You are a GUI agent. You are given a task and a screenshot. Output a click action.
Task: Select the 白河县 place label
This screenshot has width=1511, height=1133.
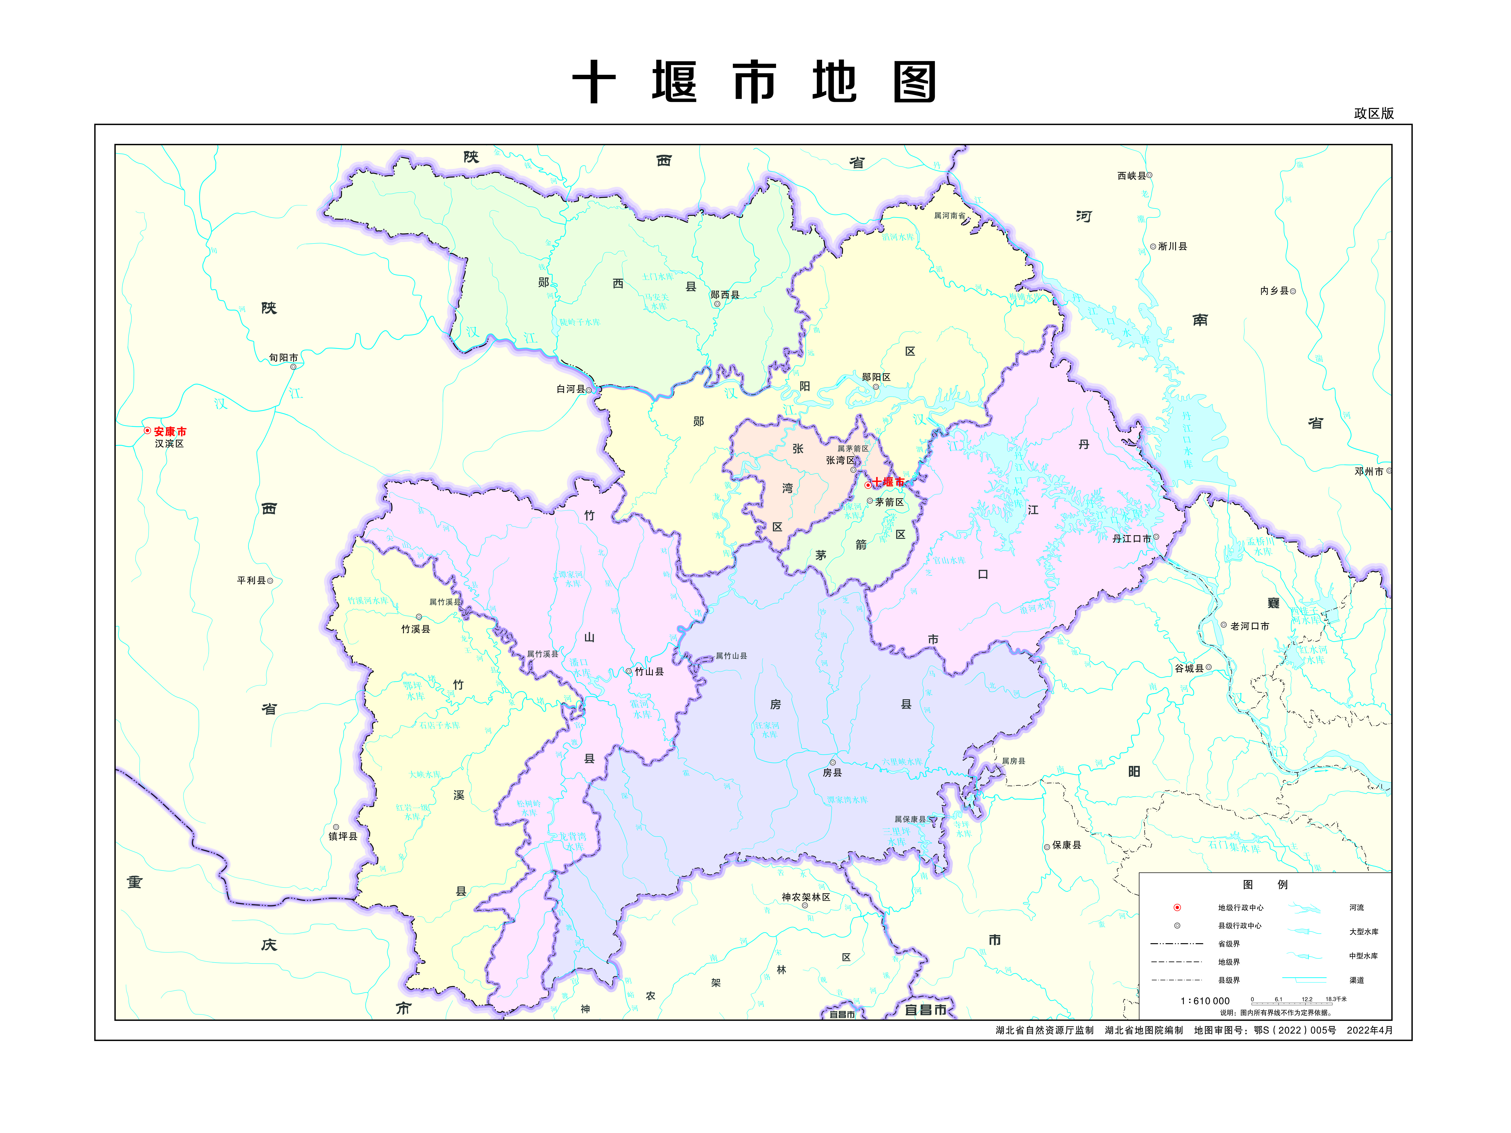571,389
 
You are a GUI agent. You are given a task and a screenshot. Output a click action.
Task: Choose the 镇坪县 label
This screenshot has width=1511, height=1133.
343,836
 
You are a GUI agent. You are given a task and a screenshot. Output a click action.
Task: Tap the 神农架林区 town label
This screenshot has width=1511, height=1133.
806,897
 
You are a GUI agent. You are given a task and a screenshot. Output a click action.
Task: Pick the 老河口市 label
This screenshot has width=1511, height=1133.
1249,626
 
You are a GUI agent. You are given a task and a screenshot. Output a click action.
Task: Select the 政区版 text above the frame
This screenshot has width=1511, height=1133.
1374,114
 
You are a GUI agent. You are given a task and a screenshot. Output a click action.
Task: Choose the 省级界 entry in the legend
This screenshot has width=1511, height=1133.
1229,944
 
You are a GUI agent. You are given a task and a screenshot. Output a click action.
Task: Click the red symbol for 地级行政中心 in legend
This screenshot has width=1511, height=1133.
1177,907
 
